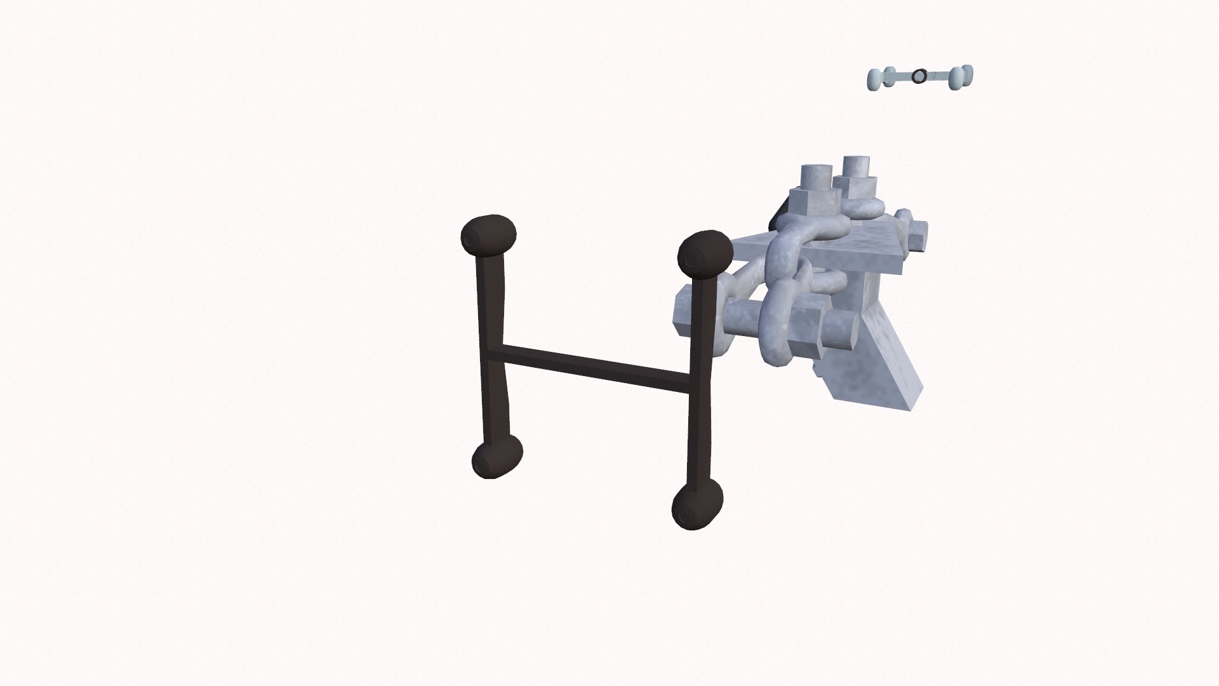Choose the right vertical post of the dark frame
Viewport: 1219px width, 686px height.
pyautogui.click(x=700, y=381)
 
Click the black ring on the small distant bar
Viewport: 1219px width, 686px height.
pyautogui.click(x=918, y=77)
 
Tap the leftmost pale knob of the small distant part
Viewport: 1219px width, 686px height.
pyautogui.click(x=876, y=79)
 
